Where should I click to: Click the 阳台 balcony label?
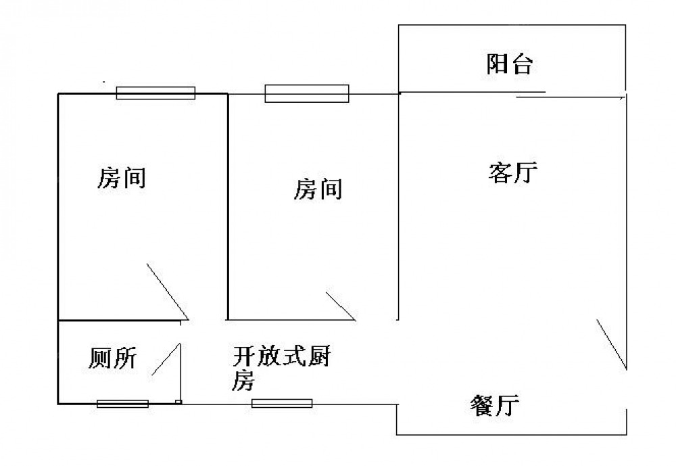[510, 65]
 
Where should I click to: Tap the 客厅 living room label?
[512, 173]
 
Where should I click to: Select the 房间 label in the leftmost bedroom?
[122, 179]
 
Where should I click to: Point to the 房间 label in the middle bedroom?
[317, 189]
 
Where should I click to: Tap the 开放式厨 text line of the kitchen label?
[281, 356]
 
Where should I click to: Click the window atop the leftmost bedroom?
[155, 93]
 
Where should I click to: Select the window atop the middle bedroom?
[307, 93]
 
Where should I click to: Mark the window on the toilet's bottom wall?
[122, 404]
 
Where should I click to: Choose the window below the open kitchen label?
[282, 404]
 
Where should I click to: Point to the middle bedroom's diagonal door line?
[341, 306]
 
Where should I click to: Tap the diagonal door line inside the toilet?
[166, 360]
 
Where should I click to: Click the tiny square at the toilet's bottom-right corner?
[178, 402]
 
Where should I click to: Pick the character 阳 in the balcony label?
[498, 65]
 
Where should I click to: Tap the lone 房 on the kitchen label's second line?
[243, 382]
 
